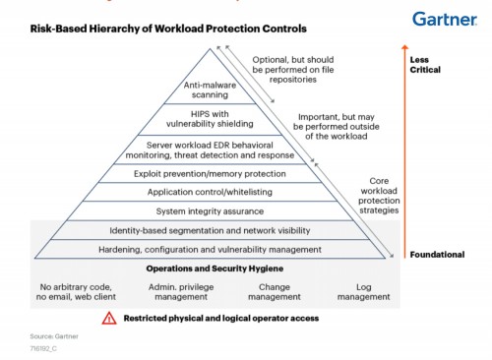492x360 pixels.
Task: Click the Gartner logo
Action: (x=445, y=19)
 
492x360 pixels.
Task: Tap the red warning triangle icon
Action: (x=109, y=319)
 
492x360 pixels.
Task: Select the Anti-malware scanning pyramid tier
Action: (x=210, y=90)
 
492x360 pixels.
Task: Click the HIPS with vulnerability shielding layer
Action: (x=210, y=119)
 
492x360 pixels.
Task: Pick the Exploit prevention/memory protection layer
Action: (x=210, y=174)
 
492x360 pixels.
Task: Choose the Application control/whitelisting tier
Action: (x=210, y=192)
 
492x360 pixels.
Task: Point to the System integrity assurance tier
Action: (x=210, y=211)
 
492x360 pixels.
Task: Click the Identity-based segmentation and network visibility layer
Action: (x=210, y=230)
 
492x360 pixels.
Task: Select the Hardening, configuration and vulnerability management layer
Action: (x=210, y=250)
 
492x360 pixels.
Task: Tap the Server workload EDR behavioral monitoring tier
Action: (x=210, y=150)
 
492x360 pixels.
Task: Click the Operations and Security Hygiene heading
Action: (x=215, y=269)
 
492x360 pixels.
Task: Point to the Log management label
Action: (x=364, y=292)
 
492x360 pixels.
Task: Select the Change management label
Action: (x=275, y=292)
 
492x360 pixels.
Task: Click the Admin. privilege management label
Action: (x=181, y=292)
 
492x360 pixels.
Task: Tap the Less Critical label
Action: (x=425, y=65)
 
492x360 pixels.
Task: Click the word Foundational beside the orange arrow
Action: (x=437, y=255)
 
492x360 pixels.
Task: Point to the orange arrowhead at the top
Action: (x=404, y=47)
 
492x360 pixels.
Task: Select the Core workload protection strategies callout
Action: (x=379, y=196)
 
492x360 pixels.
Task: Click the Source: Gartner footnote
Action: (x=54, y=336)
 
